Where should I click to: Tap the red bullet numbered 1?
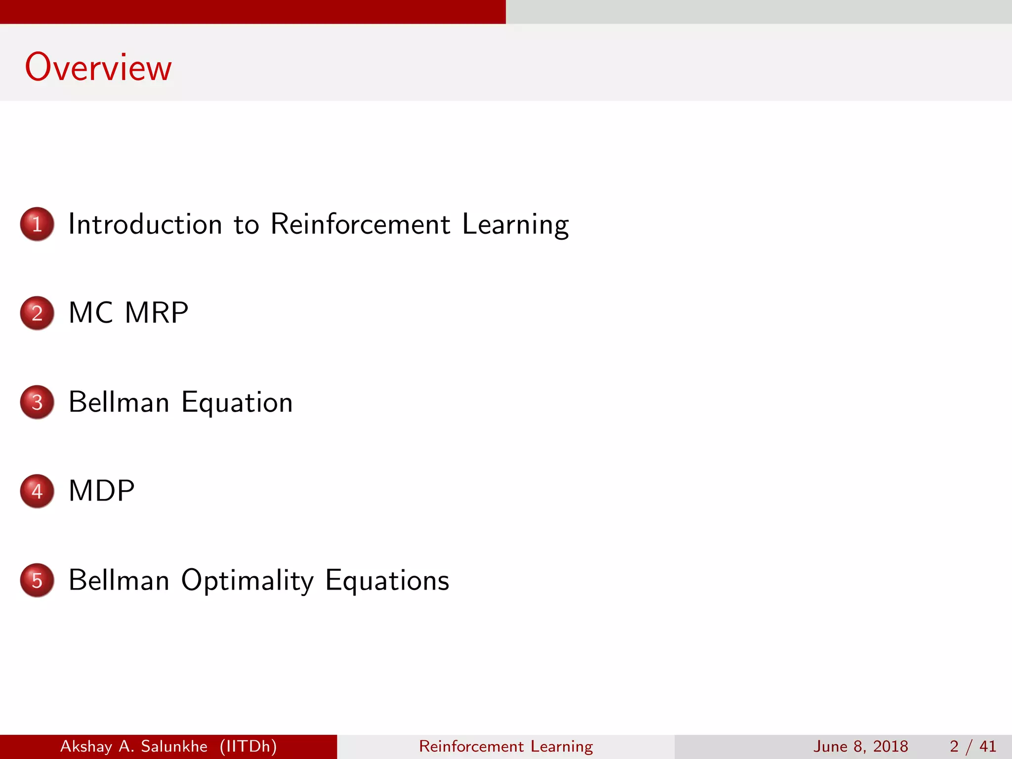[x=37, y=224]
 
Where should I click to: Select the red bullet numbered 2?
[x=37, y=313]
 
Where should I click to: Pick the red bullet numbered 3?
[x=37, y=402]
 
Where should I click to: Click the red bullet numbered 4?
[x=37, y=491]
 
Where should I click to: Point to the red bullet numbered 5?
[x=37, y=580]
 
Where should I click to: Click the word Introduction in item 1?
[x=145, y=224]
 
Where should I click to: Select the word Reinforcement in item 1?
[x=360, y=224]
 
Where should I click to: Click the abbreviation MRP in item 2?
[x=157, y=313]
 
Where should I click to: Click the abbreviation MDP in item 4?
[x=101, y=491]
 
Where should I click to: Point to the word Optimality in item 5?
[x=247, y=581]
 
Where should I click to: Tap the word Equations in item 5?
[x=387, y=581]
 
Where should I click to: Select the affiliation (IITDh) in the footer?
[x=248, y=746]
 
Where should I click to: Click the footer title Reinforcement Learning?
[x=506, y=746]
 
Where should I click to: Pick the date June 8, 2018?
[x=860, y=746]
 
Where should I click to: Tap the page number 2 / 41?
[x=972, y=746]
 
